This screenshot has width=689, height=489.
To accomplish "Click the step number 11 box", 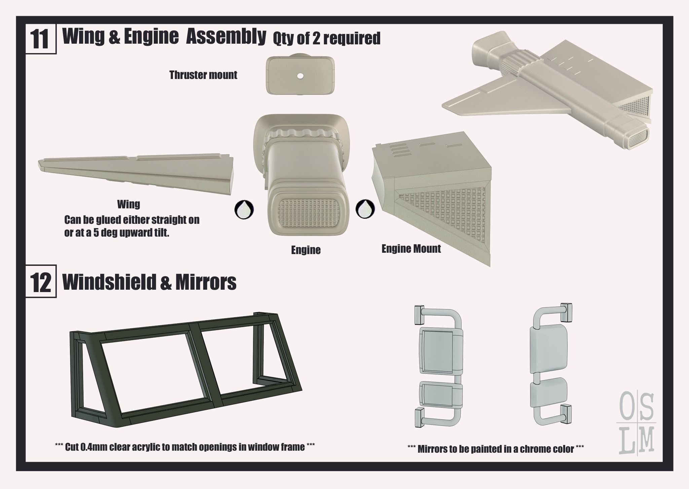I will tap(41, 40).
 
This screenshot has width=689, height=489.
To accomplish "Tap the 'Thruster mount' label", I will tap(203, 75).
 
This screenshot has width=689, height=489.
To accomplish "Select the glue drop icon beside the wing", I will tap(244, 210).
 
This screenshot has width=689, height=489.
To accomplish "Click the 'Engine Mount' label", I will tap(411, 249).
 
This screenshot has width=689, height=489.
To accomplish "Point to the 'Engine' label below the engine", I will tap(306, 250).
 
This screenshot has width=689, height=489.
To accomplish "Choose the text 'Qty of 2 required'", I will tap(326, 38).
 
